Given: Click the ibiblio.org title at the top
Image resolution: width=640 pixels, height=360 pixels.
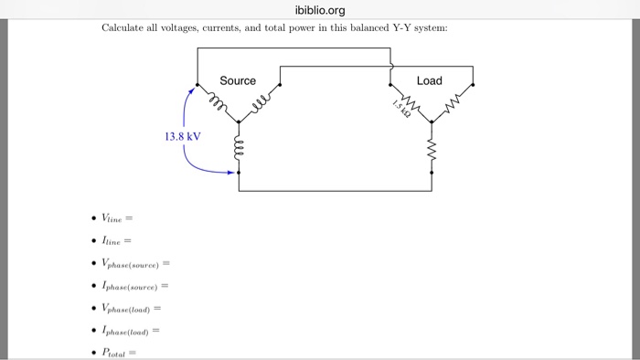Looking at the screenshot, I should click(320, 10).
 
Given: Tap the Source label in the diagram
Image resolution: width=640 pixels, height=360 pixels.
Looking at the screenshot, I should click(238, 81).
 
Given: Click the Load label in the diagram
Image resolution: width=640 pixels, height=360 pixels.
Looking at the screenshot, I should click(429, 81).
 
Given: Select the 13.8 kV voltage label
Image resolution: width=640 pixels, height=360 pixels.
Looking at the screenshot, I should click(182, 136).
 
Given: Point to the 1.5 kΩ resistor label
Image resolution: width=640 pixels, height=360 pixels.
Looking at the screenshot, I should click(400, 108).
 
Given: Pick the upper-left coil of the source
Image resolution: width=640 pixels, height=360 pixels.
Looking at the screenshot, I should click(217, 101).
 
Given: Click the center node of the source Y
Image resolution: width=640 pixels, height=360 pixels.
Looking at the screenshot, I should click(239, 121).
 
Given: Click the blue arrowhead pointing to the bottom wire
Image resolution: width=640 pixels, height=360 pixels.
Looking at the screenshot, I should click(230, 171).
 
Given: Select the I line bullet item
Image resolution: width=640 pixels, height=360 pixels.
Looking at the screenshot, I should click(116, 240).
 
